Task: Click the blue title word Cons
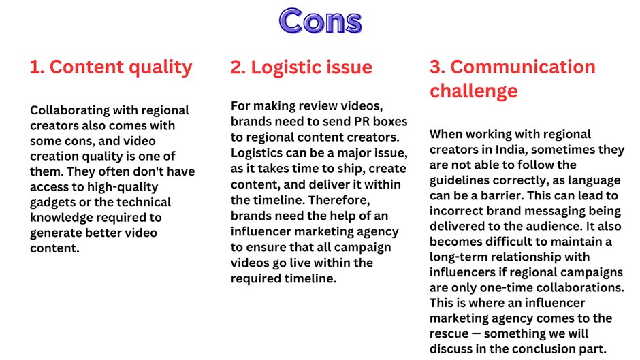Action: coord(321,21)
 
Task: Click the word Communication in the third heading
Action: coord(523,67)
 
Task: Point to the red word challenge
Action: coord(473,91)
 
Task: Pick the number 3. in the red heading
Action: coord(438,67)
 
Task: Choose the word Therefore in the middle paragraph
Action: coord(339,200)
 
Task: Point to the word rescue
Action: coord(449,334)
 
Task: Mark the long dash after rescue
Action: coord(476,334)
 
